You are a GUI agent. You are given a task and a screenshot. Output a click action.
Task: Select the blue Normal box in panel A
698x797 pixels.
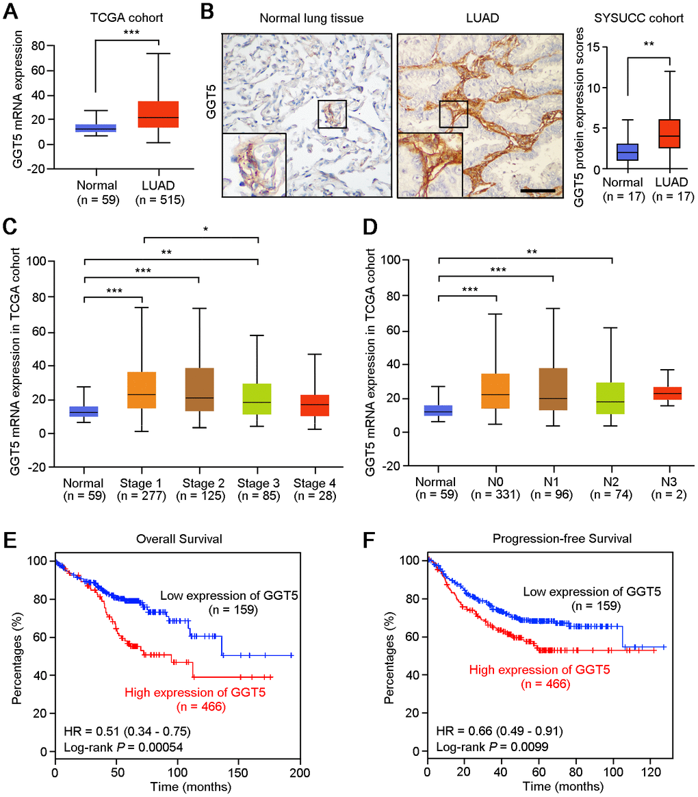point(96,128)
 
